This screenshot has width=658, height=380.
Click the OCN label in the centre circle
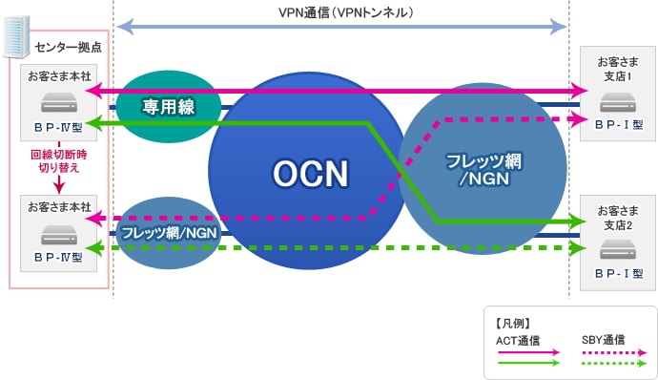coord(311,173)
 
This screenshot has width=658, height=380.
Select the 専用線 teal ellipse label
coord(169,107)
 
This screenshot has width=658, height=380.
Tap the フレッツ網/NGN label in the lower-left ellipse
coord(168,231)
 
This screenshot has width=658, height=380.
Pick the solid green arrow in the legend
coord(532,363)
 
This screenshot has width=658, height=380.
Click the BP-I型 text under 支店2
coord(618,273)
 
